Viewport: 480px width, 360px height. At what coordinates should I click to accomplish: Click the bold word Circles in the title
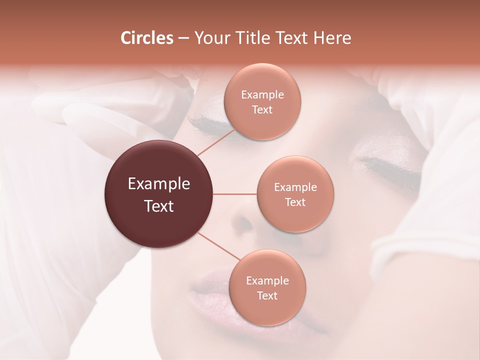point(146,38)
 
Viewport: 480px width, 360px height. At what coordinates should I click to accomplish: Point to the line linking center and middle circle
point(235,194)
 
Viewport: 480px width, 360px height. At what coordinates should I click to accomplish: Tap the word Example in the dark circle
point(158,184)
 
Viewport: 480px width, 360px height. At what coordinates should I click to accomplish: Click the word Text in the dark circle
point(158,206)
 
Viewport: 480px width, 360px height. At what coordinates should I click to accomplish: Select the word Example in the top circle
point(262,95)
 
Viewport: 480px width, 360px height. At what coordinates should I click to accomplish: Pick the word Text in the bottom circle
point(267,296)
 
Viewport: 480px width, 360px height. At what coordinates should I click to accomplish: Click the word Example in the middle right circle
point(295,187)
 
